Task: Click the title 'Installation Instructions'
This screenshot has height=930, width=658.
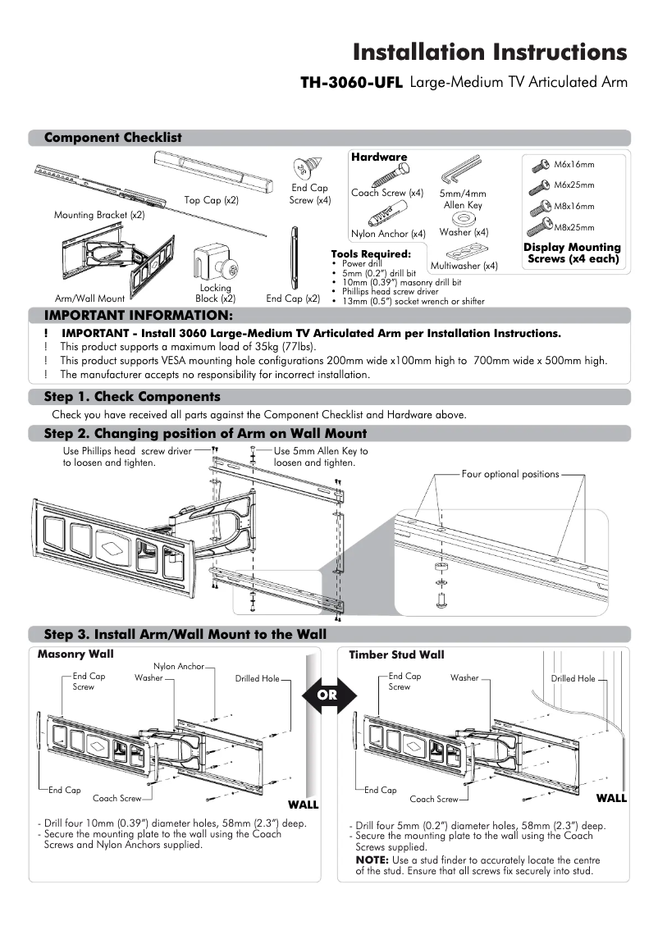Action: click(490, 52)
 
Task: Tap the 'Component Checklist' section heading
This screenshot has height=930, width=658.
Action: click(112, 138)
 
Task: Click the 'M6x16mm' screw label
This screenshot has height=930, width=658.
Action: click(574, 165)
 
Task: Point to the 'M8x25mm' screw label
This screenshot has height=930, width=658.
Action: click(574, 227)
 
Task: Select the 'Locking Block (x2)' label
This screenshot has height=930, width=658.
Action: click(216, 294)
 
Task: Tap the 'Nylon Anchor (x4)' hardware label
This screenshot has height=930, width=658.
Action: click(388, 234)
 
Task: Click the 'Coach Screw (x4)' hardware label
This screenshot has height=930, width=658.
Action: click(387, 194)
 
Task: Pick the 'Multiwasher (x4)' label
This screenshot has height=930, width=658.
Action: click(464, 266)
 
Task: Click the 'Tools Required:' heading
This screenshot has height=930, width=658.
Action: click(370, 254)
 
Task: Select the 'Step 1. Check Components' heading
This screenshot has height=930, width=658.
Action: click(131, 397)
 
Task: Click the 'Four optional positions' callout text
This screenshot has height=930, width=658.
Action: click(510, 474)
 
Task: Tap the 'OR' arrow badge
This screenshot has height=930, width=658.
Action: click(327, 695)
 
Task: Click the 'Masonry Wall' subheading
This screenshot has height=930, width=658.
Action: click(75, 654)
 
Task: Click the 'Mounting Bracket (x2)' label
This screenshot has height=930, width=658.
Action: click(99, 215)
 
